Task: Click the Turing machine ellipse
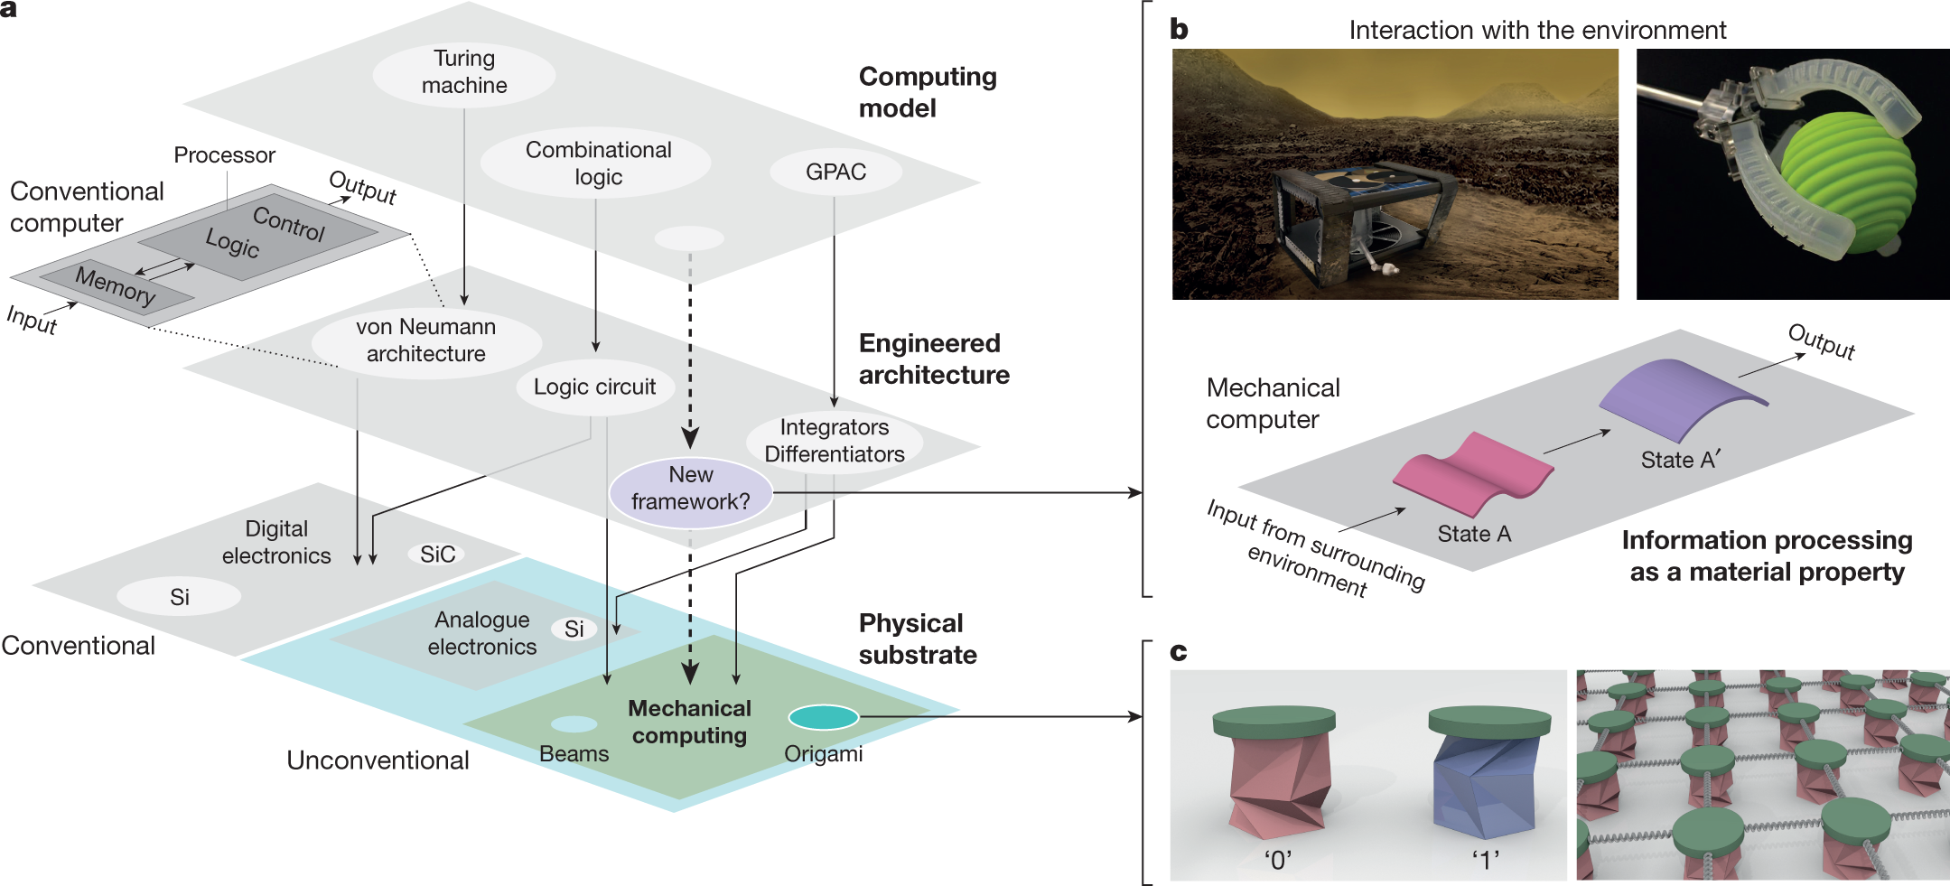(x=464, y=72)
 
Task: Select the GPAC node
(x=835, y=172)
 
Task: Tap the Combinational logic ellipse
(x=596, y=163)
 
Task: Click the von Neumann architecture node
(x=426, y=340)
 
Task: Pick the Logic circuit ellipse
(x=595, y=387)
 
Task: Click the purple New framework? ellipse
(x=691, y=490)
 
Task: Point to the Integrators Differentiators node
(x=835, y=441)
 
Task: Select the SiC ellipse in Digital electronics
(x=438, y=554)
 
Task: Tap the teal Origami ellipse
(x=824, y=717)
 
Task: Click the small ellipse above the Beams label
(x=574, y=724)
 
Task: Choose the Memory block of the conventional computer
(x=116, y=288)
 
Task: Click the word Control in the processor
(x=288, y=223)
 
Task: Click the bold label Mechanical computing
(x=690, y=722)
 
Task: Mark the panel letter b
(x=1179, y=30)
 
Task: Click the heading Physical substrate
(x=918, y=639)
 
